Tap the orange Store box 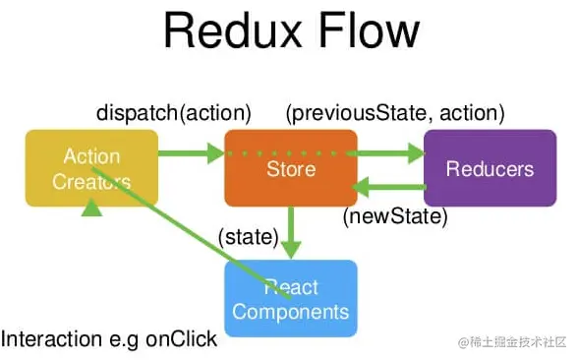coord(291,168)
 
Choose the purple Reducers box coord(489,168)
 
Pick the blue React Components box coord(291,299)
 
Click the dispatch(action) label coord(174,113)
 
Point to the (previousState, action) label coord(394,113)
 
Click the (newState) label coord(395,214)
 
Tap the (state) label coord(248,236)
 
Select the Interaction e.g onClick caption coord(109,339)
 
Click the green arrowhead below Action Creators coord(91,206)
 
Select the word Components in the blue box coord(291,312)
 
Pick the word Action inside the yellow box coord(91,156)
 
